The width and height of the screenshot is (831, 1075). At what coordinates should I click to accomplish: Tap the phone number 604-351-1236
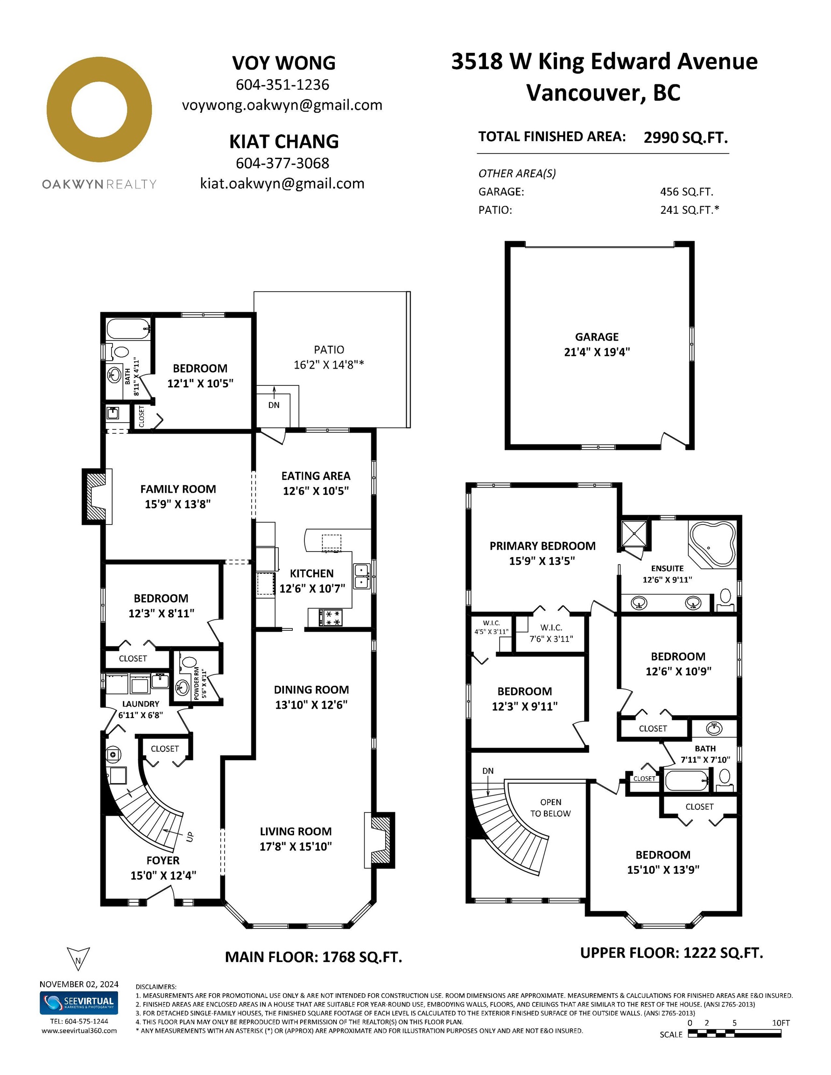pos(282,84)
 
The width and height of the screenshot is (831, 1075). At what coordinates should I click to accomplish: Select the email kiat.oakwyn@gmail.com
pos(282,183)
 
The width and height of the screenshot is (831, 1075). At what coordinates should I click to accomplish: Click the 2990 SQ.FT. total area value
pos(686,137)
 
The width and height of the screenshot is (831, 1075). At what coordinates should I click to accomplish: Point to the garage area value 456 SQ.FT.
pos(687,191)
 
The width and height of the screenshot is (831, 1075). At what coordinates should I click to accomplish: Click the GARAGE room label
pos(597,337)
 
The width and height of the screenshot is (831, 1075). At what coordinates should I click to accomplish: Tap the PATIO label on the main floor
pos(329,349)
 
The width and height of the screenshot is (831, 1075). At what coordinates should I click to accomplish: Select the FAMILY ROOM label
pos(178,489)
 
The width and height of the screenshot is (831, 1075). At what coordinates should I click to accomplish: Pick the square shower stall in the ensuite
pos(634,534)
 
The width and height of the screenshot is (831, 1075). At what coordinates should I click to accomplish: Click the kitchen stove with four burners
pos(331,618)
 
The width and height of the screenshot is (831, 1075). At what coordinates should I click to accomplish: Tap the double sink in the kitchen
pos(361,576)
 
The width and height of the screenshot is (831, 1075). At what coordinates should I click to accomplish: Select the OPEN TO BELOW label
pos(550,808)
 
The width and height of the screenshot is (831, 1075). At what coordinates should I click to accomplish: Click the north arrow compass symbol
pos(78,958)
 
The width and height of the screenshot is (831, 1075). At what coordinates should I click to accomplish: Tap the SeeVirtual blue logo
pos(79,1003)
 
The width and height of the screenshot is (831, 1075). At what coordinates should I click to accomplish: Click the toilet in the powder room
pos(188,661)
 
